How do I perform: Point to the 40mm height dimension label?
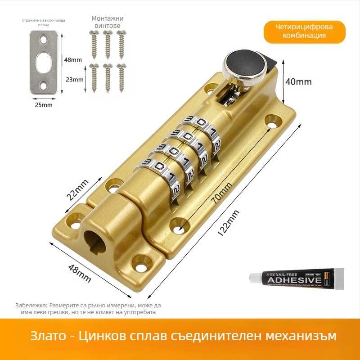pos(298,81)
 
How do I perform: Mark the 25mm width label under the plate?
pos(44,105)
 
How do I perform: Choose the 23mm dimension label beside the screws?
pos(75,80)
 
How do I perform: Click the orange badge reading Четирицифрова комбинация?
pos(305,31)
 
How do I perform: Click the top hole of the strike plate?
pos(44,40)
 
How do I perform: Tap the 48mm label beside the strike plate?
pos(73,59)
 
